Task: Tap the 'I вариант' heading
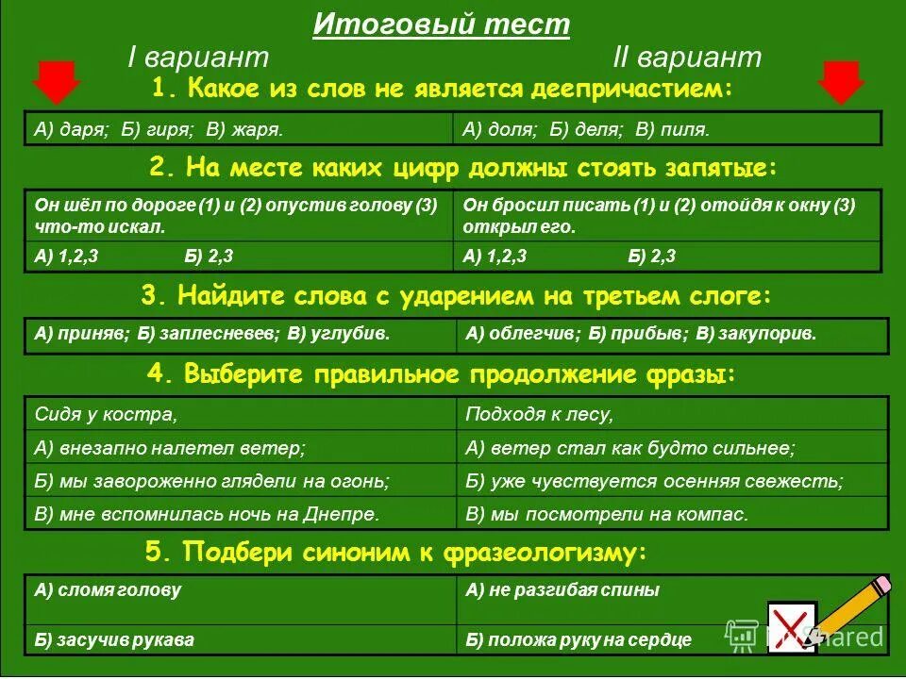point(198,57)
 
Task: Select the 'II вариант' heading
point(686,57)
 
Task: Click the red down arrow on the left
point(56,82)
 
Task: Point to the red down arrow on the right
point(841,82)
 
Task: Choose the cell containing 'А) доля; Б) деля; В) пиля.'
point(586,129)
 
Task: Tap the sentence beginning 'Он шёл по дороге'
point(236,216)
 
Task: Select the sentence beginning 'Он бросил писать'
point(659,216)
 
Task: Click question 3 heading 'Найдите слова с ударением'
point(457,296)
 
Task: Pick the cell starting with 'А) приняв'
point(211,334)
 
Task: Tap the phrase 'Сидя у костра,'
point(106,414)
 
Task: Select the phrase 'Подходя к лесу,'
point(540,414)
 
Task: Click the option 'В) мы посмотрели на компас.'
point(607,514)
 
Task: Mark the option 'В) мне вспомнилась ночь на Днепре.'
point(207,514)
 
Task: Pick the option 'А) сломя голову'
point(108,590)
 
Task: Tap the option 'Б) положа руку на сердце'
point(579,639)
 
